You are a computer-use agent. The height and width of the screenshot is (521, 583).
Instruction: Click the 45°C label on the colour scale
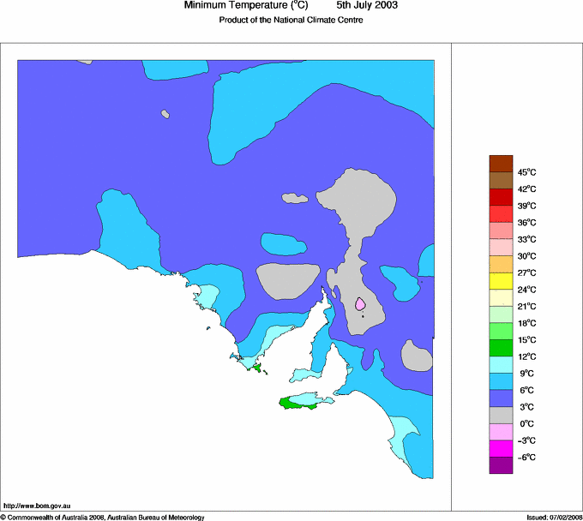(526, 172)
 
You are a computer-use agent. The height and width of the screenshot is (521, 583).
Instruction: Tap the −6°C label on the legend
(524, 458)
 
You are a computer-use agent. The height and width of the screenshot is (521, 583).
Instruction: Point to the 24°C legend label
(526, 290)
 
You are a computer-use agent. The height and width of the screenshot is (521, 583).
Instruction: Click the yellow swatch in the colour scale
(501, 280)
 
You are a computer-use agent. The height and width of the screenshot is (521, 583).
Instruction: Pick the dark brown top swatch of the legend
(501, 163)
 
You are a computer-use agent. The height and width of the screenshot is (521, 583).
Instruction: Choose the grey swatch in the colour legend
(501, 415)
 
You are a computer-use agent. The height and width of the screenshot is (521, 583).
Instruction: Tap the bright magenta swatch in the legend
(501, 448)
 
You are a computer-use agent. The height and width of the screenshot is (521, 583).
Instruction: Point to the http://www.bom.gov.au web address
(37, 506)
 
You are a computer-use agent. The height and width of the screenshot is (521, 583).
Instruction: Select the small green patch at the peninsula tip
(255, 368)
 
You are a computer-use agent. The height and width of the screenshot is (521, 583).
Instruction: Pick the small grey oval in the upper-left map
(164, 114)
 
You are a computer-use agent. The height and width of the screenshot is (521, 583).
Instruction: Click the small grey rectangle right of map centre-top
(295, 198)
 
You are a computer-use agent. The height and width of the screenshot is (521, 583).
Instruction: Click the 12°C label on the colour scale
(526, 356)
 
